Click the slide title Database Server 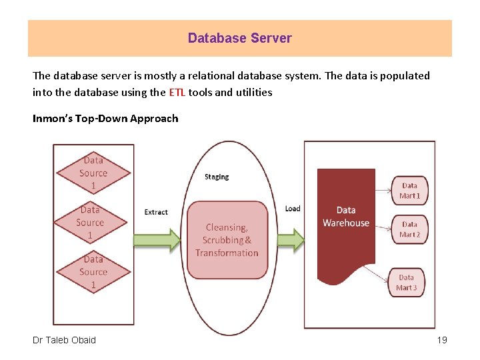click(x=239, y=38)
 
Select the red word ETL click(x=177, y=92)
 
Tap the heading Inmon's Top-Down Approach click(x=105, y=119)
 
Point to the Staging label click(x=217, y=177)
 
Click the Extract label click(x=156, y=212)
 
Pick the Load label click(x=293, y=209)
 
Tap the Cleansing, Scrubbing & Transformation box click(x=227, y=240)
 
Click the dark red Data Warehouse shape click(x=345, y=227)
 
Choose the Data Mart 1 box click(x=409, y=191)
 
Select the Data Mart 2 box click(x=409, y=229)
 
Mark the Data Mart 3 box click(x=406, y=282)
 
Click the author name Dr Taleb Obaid click(x=64, y=340)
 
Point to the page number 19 click(x=441, y=340)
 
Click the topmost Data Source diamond click(x=93, y=173)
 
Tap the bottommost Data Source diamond click(x=93, y=272)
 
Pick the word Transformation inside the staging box click(x=227, y=253)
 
